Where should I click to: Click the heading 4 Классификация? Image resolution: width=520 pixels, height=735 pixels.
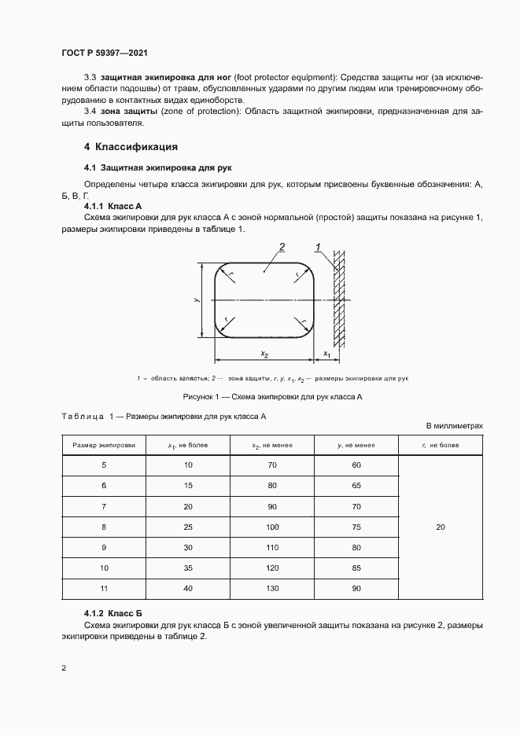[x=131, y=147]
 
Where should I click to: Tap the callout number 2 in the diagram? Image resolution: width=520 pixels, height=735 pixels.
[x=281, y=248]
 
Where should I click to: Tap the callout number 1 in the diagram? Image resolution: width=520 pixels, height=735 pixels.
[x=317, y=248]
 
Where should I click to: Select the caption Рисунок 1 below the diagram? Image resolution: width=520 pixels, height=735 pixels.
[x=272, y=397]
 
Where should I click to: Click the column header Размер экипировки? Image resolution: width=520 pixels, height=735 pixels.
[x=104, y=445]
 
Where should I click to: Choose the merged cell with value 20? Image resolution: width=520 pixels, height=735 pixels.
[x=440, y=527]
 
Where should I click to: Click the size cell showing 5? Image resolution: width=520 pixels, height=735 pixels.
[x=104, y=466]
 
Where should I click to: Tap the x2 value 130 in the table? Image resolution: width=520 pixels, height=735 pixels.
[x=272, y=588]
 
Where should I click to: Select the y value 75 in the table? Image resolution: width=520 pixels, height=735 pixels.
[x=356, y=527]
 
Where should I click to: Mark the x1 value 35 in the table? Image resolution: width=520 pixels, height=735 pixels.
[x=188, y=568]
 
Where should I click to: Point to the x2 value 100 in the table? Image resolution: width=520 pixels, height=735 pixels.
[x=272, y=527]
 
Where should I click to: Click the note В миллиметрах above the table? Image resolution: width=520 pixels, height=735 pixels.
[x=454, y=425]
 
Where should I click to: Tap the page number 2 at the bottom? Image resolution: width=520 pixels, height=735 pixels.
[x=64, y=669]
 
